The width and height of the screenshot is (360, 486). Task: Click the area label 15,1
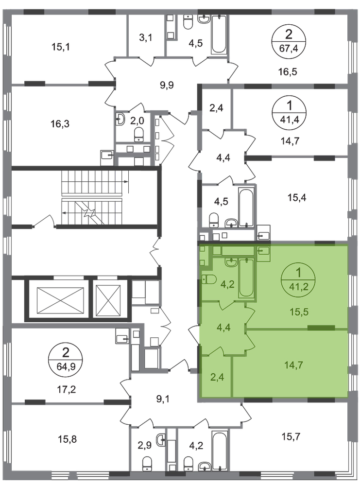tap(60, 47)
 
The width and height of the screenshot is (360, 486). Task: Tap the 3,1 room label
tap(145, 38)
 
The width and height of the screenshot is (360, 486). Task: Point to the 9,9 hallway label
tap(167, 85)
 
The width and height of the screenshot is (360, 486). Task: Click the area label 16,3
tap(60, 124)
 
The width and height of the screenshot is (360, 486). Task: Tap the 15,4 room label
tap(297, 197)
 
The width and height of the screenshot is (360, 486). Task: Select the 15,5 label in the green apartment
tap(299, 312)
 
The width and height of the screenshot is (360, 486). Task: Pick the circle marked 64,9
tap(66, 359)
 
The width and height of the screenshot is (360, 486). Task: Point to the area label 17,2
tap(66, 389)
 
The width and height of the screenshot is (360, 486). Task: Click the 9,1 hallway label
tap(163, 399)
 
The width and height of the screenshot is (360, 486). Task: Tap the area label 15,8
tap(67, 439)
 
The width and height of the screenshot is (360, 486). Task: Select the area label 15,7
tap(291, 437)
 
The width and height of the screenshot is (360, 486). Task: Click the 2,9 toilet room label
tap(144, 445)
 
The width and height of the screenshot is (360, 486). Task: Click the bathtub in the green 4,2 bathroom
tap(246, 278)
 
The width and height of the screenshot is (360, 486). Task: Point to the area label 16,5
tap(288, 71)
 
